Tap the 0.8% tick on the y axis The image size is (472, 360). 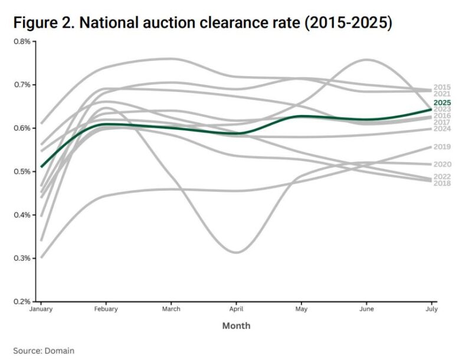pyautogui.click(x=22, y=41)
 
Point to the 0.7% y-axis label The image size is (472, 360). pyautogui.click(x=22, y=85)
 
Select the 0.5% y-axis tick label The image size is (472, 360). pyautogui.click(x=22, y=172)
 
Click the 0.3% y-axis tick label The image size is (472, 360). pyautogui.click(x=22, y=258)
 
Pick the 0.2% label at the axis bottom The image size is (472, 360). pyautogui.click(x=22, y=302)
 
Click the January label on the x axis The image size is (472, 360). pyautogui.click(x=42, y=309)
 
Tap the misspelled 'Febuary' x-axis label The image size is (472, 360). pyautogui.click(x=106, y=309)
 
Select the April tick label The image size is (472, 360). pyautogui.click(x=237, y=309)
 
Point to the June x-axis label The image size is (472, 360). pyautogui.click(x=366, y=309)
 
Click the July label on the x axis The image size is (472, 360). pyautogui.click(x=431, y=309)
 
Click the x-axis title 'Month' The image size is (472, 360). pyautogui.click(x=236, y=326)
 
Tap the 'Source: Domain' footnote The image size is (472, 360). pyautogui.click(x=44, y=351)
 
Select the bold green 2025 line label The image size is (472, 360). pyautogui.click(x=442, y=103)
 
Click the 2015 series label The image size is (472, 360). pyautogui.click(x=442, y=87)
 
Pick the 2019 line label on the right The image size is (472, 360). pyautogui.click(x=442, y=147)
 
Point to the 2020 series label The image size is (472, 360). pyautogui.click(x=442, y=164)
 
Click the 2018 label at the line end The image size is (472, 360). pyautogui.click(x=442, y=184)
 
